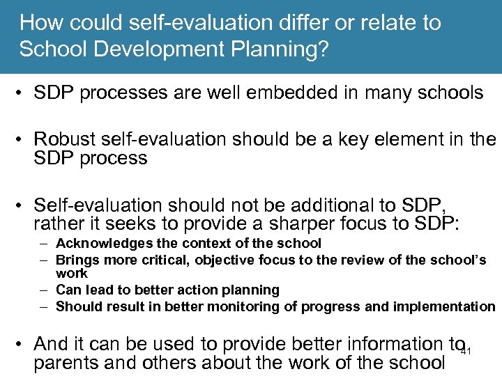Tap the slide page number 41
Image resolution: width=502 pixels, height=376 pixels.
466,350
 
